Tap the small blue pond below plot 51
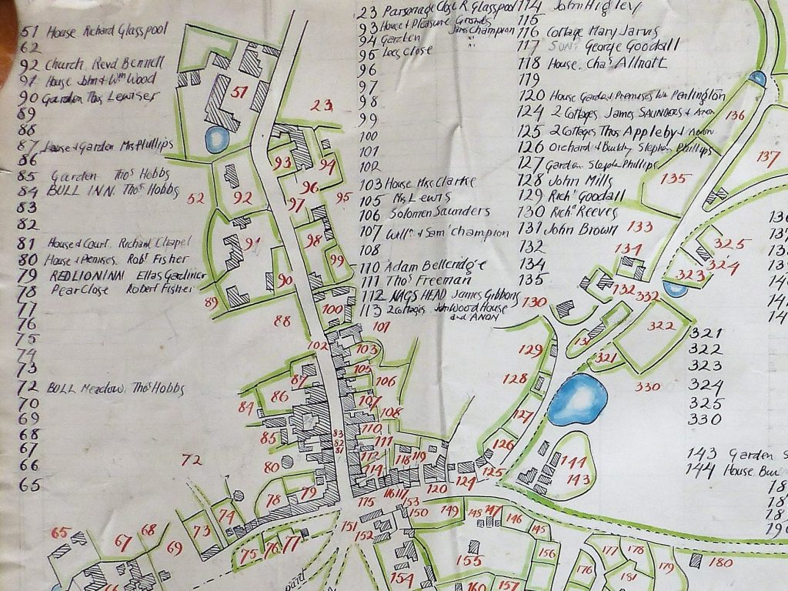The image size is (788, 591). coord(215,139)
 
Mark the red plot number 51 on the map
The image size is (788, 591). coord(239,94)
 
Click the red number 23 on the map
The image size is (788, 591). coord(321,106)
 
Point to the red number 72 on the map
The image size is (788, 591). coord(192,460)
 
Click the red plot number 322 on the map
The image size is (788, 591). coord(660,326)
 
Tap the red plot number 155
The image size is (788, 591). coord(469,560)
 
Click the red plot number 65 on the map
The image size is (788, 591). coord(60,533)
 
